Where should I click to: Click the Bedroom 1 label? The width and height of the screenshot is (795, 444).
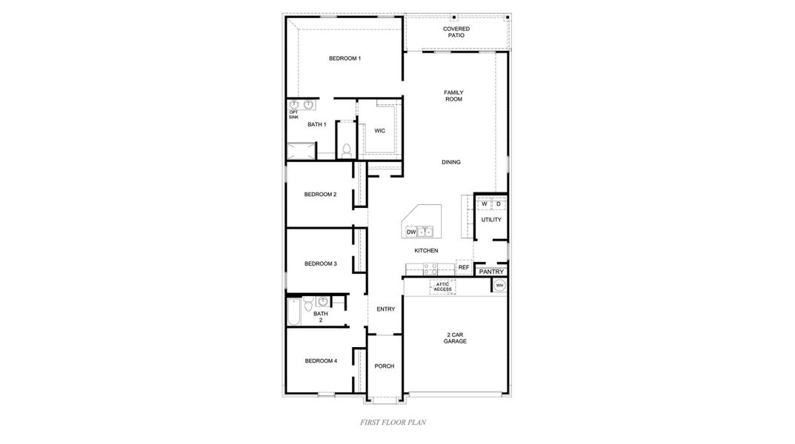click(x=345, y=58)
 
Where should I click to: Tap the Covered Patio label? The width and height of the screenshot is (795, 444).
click(x=456, y=32)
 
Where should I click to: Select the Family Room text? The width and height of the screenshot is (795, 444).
click(x=453, y=95)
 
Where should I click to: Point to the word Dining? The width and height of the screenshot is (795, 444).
click(x=451, y=162)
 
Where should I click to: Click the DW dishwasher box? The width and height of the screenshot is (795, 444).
click(x=411, y=232)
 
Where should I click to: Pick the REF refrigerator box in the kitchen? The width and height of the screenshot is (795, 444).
click(x=464, y=267)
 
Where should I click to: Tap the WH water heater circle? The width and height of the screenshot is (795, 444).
click(x=499, y=285)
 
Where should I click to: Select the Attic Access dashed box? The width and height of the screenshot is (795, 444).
click(x=442, y=286)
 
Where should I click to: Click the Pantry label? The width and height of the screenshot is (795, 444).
click(x=491, y=272)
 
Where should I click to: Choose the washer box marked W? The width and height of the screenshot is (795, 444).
click(x=485, y=203)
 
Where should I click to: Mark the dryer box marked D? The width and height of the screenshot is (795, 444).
click(x=499, y=203)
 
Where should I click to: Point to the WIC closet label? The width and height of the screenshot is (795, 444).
click(x=379, y=130)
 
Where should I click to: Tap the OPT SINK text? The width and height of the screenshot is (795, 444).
click(x=293, y=115)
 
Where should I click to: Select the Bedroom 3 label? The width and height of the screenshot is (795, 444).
click(x=320, y=263)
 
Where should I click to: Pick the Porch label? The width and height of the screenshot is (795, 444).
click(x=384, y=366)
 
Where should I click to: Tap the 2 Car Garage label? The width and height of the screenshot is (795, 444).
click(x=455, y=338)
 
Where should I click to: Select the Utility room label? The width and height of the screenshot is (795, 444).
click(x=491, y=220)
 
